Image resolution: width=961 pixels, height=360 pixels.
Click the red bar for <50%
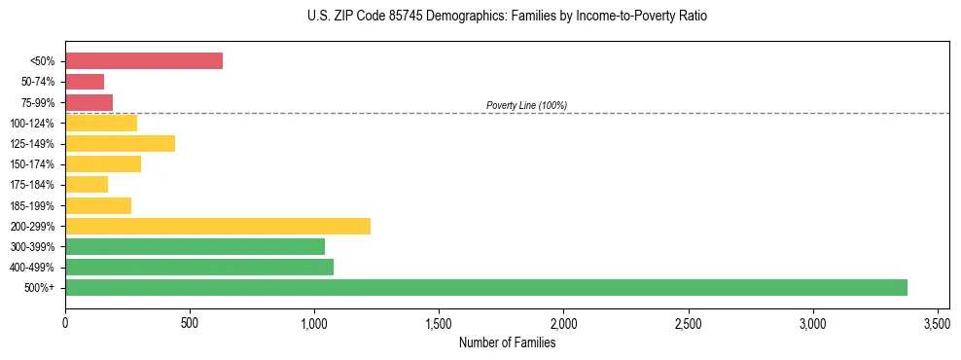144,61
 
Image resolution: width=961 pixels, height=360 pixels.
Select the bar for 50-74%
85,82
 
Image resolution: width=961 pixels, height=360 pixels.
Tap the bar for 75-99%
89,102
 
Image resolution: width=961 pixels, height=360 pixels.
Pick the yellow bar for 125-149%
120,143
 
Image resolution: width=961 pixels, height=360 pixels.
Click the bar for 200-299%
218,226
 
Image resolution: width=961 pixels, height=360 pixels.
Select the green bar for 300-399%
195,246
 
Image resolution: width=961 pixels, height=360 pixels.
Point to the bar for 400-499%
199,267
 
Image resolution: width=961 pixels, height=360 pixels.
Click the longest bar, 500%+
486,287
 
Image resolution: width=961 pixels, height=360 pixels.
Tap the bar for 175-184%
87,184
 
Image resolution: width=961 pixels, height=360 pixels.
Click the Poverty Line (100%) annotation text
526,105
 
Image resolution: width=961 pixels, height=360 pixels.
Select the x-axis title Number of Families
507,342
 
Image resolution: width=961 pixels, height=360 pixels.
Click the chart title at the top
507,17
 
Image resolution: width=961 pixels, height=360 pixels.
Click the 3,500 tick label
937,322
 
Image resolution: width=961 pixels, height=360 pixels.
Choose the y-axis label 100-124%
32,124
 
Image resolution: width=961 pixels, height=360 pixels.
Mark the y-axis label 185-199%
32,205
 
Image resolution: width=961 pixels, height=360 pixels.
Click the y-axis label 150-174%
32,164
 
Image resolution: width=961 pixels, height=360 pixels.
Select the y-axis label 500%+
39,288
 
